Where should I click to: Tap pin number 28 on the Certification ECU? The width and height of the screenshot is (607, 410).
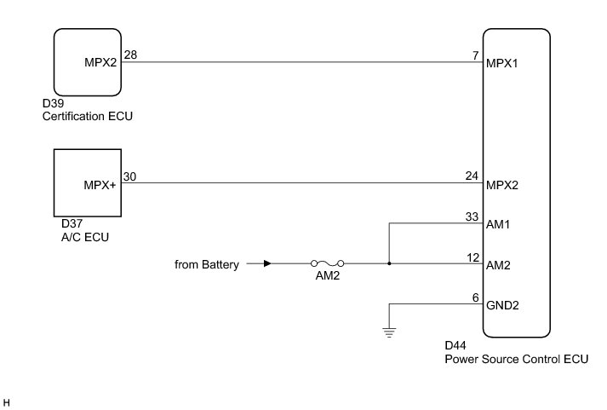point(130,55)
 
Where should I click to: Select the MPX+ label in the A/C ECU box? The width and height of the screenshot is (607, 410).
point(100,185)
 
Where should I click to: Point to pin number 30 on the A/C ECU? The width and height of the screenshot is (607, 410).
point(130,176)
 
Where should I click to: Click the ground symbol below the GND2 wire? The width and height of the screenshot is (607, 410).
point(389,333)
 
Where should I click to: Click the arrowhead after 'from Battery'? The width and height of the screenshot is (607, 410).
point(268,263)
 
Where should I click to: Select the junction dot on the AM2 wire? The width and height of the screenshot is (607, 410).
point(389,263)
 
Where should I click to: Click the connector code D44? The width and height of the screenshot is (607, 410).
point(455,346)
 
